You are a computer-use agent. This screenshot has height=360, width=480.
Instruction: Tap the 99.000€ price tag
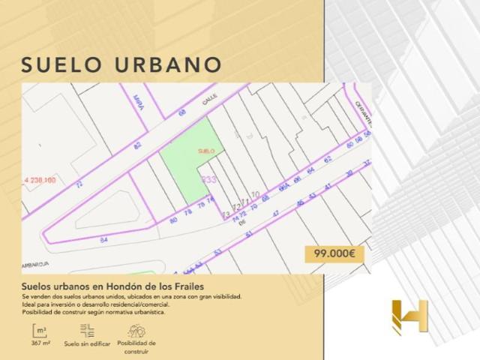click(334, 254)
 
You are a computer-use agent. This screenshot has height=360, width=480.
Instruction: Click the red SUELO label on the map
click(205, 151)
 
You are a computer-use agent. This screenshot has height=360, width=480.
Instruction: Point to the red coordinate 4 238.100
click(40, 180)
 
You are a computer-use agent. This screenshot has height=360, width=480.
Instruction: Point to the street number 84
click(103, 240)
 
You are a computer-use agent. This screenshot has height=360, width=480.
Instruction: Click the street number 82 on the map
click(137, 146)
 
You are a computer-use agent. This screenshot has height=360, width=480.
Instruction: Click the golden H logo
click(409, 316)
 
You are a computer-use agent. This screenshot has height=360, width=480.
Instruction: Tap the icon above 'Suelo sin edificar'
click(87, 330)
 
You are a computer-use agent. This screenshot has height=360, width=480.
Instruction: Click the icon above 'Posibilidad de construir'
click(136, 330)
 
